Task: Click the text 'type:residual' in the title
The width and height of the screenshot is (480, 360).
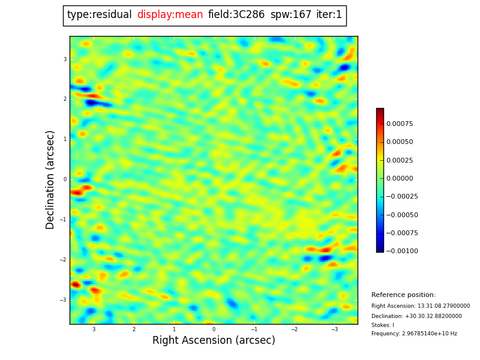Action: (99, 15)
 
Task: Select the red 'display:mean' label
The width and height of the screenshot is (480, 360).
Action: (170, 15)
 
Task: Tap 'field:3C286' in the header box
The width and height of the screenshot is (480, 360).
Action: (236, 15)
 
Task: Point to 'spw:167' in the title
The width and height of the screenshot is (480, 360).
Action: (291, 15)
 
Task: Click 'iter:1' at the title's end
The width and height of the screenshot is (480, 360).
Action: (329, 15)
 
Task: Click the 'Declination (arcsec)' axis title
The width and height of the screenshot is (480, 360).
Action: (50, 179)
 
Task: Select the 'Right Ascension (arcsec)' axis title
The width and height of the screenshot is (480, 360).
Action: (214, 341)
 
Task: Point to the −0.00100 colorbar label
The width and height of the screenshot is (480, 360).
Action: (401, 251)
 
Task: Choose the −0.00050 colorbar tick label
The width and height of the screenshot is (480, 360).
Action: (401, 215)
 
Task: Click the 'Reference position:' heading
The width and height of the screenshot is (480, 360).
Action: (403, 295)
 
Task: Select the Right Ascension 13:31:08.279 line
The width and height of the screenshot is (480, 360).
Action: (421, 306)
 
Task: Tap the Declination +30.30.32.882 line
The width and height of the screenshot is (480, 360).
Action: (416, 316)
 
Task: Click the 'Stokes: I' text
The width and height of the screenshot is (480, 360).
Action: (383, 325)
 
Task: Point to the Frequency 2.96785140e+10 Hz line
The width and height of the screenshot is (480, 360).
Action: (414, 334)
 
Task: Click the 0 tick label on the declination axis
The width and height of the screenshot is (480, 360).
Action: (65, 179)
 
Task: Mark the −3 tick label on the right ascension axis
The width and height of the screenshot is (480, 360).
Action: (335, 329)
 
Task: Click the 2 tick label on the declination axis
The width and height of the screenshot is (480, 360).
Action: (65, 99)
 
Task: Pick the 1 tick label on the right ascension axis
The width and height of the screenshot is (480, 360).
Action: (173, 329)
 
